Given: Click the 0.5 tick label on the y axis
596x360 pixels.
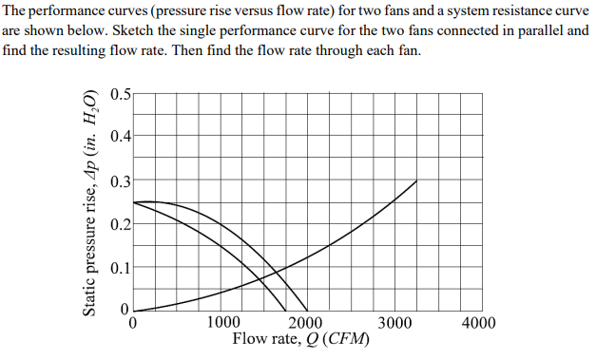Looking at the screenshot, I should (x=120, y=93).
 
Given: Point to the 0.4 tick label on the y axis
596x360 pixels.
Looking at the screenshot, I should (x=120, y=137).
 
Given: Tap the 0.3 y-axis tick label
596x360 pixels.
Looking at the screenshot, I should (x=120, y=180).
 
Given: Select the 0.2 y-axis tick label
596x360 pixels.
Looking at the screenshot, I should (x=120, y=224).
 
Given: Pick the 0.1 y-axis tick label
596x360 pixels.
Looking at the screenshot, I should (x=120, y=268).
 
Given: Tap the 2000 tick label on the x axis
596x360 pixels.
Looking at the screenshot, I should (x=305, y=323).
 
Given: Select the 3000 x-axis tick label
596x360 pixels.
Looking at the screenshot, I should (x=393, y=323).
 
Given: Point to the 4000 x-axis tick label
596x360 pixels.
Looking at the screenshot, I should (x=478, y=323).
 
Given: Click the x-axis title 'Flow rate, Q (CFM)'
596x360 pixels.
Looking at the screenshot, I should (x=300, y=339).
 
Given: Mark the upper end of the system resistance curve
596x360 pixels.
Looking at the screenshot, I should (x=416, y=180).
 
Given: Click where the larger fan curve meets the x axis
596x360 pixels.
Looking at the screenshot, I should (x=306, y=311).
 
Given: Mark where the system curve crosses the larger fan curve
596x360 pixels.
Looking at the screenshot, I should (x=277, y=270).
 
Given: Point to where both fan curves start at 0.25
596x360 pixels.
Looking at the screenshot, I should (x=134, y=201).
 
